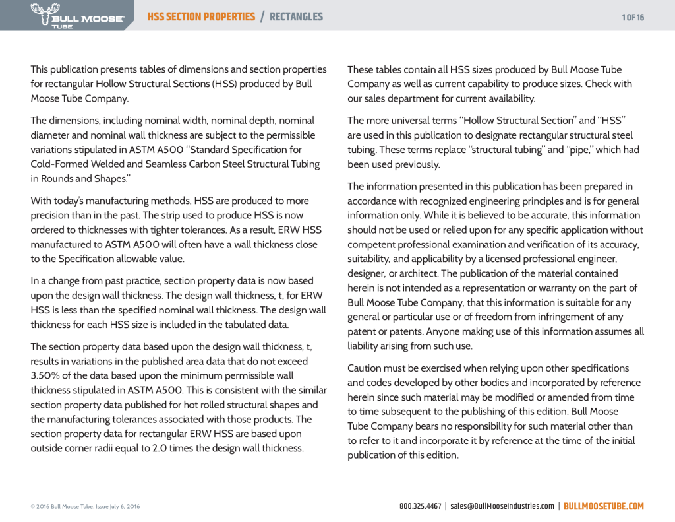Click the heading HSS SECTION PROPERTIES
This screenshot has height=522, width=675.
pyautogui.click(x=201, y=16)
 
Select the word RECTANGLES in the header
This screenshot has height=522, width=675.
pyautogui.click(x=296, y=16)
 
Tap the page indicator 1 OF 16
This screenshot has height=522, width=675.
pyautogui.click(x=633, y=17)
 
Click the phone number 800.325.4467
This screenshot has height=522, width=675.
pyautogui.click(x=420, y=506)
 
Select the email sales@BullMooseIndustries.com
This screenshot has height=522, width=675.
pyautogui.click(x=502, y=506)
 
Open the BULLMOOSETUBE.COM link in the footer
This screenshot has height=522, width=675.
pyautogui.click(x=603, y=506)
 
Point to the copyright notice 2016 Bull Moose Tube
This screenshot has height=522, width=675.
pyautogui.click(x=85, y=507)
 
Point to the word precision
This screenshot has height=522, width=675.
pyautogui.click(x=51, y=215)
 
